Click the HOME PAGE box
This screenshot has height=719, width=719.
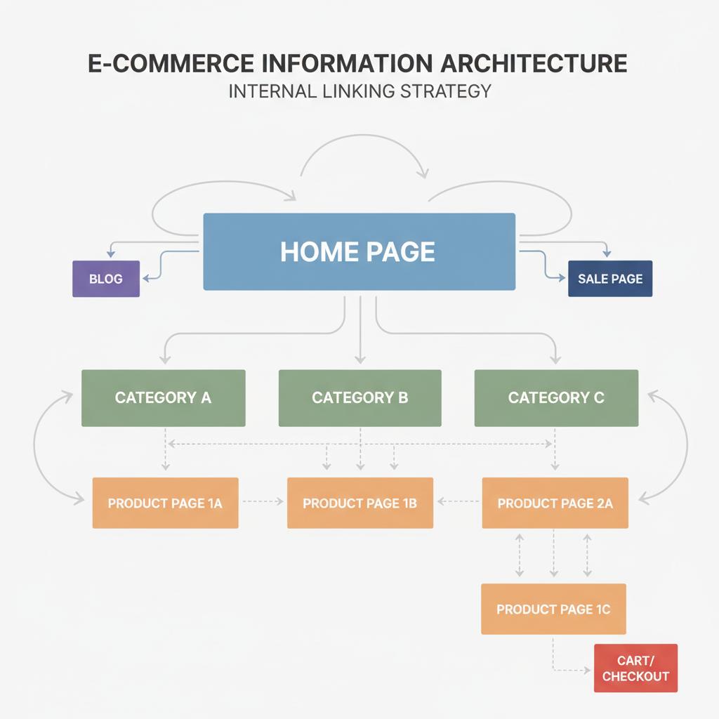(x=359, y=251)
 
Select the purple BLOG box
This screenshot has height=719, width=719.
(x=106, y=279)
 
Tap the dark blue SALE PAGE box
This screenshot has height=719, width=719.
(x=609, y=279)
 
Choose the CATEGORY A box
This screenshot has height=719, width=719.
(x=163, y=398)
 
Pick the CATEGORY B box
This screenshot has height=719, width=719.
(x=359, y=398)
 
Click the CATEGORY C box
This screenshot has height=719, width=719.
(x=556, y=398)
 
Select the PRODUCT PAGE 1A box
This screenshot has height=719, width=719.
(x=165, y=503)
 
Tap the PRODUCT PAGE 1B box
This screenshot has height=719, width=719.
(x=359, y=503)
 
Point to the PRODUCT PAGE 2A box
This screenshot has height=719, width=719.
(x=555, y=503)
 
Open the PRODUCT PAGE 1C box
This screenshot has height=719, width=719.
(x=553, y=609)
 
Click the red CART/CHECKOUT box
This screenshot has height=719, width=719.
(x=635, y=668)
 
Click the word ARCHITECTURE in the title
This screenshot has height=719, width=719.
(x=533, y=62)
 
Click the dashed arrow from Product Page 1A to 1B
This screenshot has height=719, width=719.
(x=262, y=502)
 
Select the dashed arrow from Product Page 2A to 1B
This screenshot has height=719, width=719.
(x=458, y=502)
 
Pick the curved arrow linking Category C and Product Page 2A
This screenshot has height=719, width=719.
(x=683, y=449)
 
